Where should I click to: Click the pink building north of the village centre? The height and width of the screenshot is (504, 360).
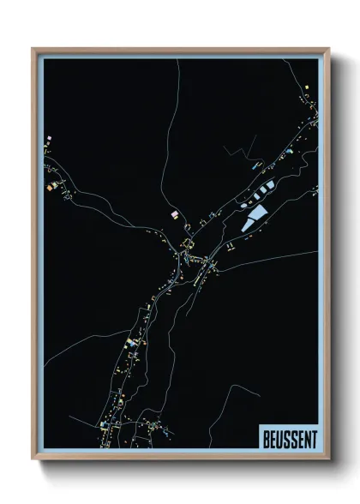(x=174, y=213)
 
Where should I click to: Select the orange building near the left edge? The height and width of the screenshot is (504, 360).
(x=51, y=184)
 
